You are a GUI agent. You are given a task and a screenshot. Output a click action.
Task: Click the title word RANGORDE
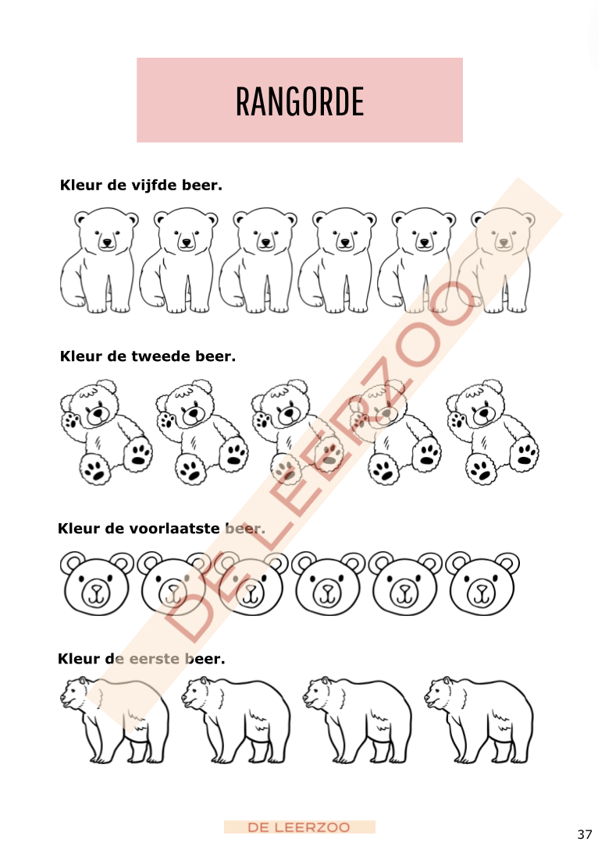(x=300, y=101)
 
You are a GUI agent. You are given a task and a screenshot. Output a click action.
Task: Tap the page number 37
(x=585, y=834)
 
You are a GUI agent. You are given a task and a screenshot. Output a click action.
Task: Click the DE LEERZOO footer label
(x=299, y=827)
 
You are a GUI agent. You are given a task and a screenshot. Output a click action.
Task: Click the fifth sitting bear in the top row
(x=417, y=260)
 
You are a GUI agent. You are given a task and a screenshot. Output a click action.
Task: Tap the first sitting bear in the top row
(x=99, y=260)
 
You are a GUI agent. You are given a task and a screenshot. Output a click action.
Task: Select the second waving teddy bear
(x=201, y=432)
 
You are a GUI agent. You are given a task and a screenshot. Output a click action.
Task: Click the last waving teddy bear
(x=493, y=432)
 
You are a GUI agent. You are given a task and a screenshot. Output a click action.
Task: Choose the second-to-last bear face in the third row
(x=405, y=584)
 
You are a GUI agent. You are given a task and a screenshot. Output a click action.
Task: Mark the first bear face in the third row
(x=97, y=584)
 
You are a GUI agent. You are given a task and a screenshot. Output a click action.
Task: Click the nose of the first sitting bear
(x=107, y=242)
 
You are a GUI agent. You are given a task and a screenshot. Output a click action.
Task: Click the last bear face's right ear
(x=507, y=563)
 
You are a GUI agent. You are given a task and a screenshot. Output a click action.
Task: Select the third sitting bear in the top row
(x=258, y=260)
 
